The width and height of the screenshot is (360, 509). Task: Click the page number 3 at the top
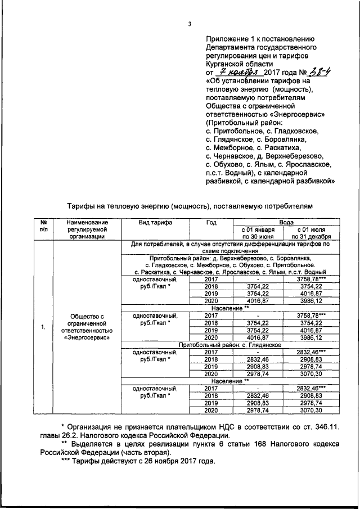click(190, 24)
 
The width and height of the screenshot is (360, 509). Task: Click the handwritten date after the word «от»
click(237, 72)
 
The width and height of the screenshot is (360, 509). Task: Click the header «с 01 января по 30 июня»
click(258, 233)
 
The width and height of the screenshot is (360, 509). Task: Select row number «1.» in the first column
click(43, 328)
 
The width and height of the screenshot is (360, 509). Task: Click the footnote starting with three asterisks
click(137, 461)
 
